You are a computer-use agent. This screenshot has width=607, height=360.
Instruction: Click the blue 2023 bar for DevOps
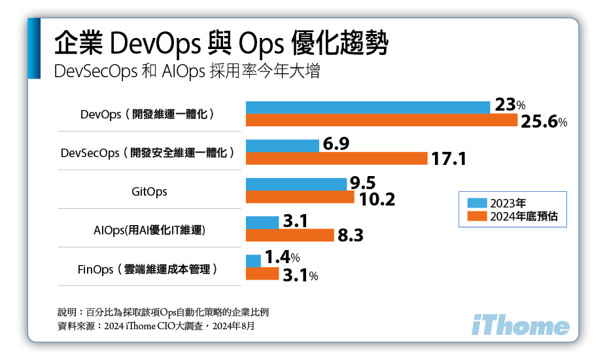[x=368, y=107]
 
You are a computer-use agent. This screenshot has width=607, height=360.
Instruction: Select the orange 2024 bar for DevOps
[x=381, y=120]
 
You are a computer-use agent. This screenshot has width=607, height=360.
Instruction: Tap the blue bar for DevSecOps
[x=282, y=145]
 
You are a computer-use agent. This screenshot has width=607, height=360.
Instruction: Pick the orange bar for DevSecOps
[x=336, y=158]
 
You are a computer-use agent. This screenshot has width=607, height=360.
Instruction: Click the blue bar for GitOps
[x=296, y=184]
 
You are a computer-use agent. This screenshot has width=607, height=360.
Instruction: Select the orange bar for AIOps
[x=290, y=236]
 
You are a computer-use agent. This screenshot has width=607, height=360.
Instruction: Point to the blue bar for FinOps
[x=253, y=261]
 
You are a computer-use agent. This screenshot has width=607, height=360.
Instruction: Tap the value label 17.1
[x=448, y=159]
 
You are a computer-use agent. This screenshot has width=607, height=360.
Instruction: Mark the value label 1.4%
[x=281, y=259]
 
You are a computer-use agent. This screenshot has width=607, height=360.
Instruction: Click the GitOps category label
[x=149, y=192]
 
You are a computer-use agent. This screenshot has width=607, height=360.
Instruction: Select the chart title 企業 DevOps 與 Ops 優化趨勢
[x=222, y=45]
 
